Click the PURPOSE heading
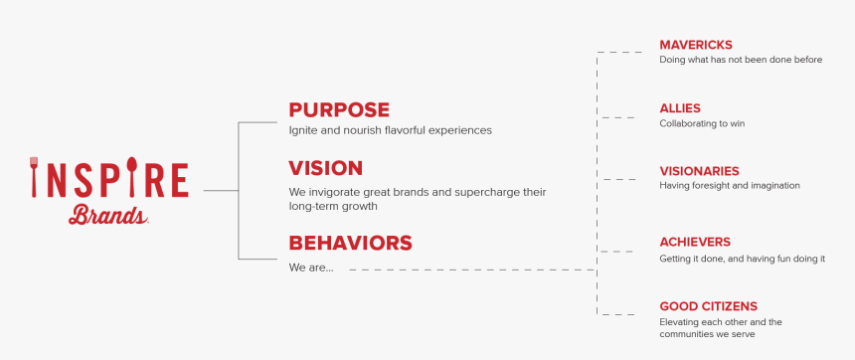[x=339, y=109]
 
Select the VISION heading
[x=325, y=168]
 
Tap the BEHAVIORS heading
[x=350, y=243]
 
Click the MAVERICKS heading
[x=696, y=45]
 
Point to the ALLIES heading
[x=680, y=107]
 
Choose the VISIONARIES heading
[x=699, y=171]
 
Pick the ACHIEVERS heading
[x=695, y=242]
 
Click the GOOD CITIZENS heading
[x=708, y=306]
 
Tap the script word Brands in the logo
[x=107, y=214]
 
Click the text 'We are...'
[x=311, y=268]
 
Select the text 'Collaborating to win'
[x=702, y=123]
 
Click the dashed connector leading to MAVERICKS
[x=618, y=52]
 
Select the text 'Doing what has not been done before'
[x=741, y=60]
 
